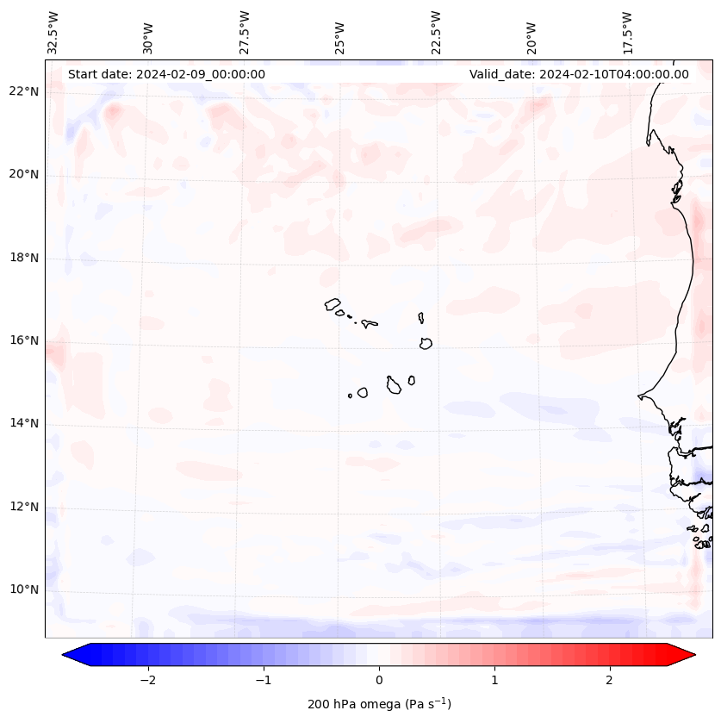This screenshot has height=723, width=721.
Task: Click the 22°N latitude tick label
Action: pyautogui.click(x=24, y=92)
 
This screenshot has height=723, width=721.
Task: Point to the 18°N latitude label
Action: pyautogui.click(x=24, y=258)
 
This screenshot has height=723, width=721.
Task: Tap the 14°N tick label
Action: pyautogui.click(x=24, y=423)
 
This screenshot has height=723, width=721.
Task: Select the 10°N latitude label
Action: pyautogui.click(x=24, y=589)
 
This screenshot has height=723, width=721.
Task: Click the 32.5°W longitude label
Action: pyautogui.click(x=53, y=32)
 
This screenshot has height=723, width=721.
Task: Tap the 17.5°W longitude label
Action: pyautogui.click(x=628, y=32)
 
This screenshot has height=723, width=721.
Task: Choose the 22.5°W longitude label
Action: pyautogui.click(x=436, y=32)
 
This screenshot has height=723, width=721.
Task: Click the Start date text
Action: pyautogui.click(x=166, y=74)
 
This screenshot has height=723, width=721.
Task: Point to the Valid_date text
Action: pyautogui.click(x=579, y=74)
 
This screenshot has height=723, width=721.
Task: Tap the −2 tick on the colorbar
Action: pyautogui.click(x=147, y=680)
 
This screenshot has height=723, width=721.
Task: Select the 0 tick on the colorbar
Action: pyautogui.click(x=379, y=680)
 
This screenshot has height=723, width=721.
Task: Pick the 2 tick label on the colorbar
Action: pyautogui.click(x=610, y=680)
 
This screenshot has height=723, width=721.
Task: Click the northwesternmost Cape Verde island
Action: pyautogui.click(x=333, y=304)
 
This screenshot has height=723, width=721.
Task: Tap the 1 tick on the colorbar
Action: pyautogui.click(x=494, y=680)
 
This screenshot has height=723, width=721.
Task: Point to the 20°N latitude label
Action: pyautogui.click(x=24, y=175)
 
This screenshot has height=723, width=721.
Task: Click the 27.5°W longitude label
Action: pyautogui.click(x=245, y=32)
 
